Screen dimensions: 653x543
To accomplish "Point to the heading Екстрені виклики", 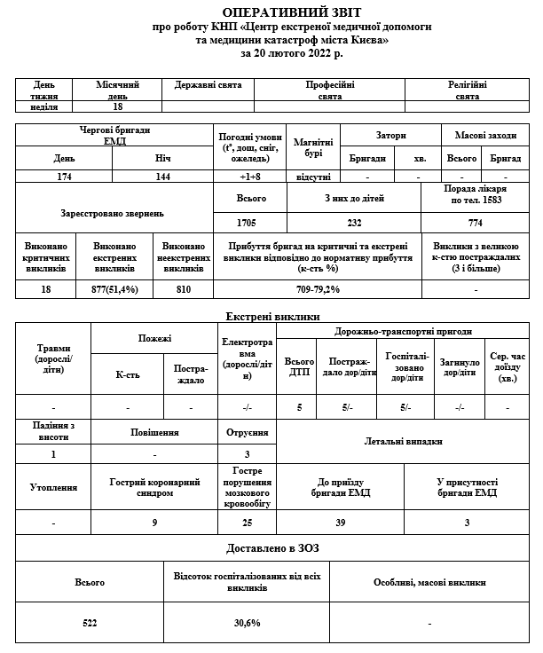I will [272, 316].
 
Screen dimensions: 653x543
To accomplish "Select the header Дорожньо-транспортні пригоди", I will [403, 331].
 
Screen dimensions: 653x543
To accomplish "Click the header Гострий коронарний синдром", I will [154, 487].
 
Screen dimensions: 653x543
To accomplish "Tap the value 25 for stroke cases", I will [247, 523].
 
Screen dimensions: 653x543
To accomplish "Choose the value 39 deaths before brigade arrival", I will [341, 523].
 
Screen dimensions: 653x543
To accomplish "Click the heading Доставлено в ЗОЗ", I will [272, 547].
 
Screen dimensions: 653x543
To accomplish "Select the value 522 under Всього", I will [89, 623].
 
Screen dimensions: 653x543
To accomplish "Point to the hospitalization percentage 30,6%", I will [247, 623].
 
